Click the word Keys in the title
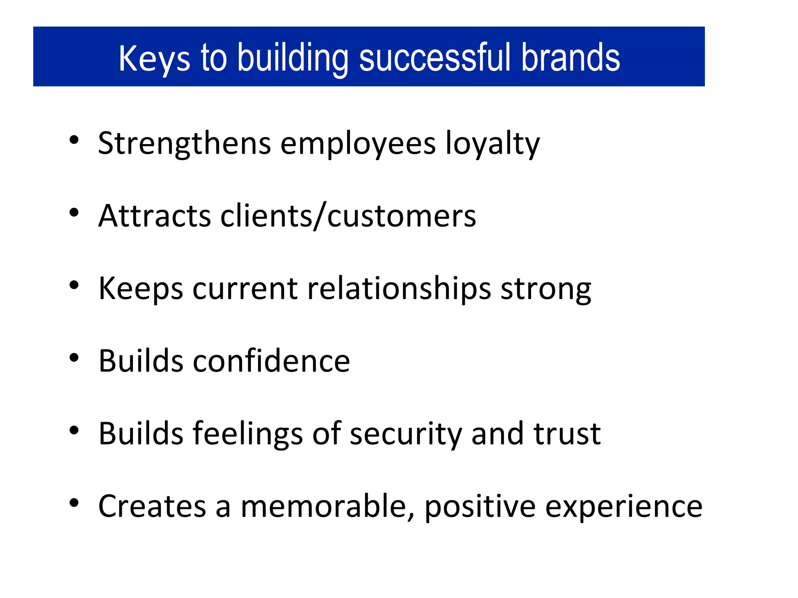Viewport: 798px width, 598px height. (154, 58)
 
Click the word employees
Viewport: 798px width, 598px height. (358, 144)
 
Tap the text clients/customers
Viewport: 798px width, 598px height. (348, 216)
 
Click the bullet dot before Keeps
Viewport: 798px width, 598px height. (74, 285)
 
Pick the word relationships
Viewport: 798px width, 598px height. (399, 288)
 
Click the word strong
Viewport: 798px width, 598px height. (546, 288)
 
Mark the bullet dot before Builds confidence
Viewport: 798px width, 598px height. (74, 357)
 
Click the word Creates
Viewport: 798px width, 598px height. (152, 506)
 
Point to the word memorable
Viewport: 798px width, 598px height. (327, 506)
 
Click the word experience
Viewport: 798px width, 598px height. (623, 506)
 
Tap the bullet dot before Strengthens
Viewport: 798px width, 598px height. (74, 140)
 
